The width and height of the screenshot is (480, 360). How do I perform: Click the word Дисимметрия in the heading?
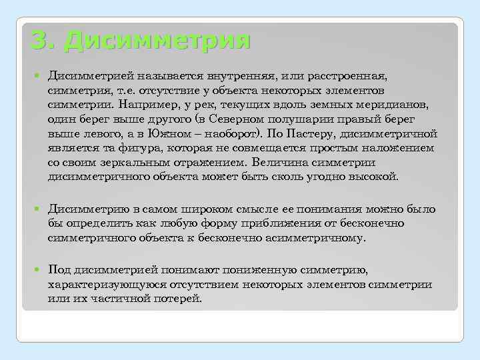coord(159,39)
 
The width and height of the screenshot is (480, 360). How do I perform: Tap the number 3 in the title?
coord(39,39)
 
